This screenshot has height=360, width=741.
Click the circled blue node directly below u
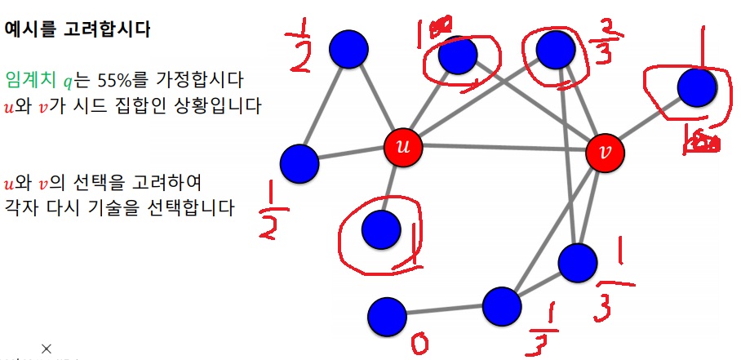point(380,229)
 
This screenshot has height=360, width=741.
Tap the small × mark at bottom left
point(47,349)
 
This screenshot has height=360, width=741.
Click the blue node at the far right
point(696,88)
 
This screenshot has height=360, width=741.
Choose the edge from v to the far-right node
point(651,120)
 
